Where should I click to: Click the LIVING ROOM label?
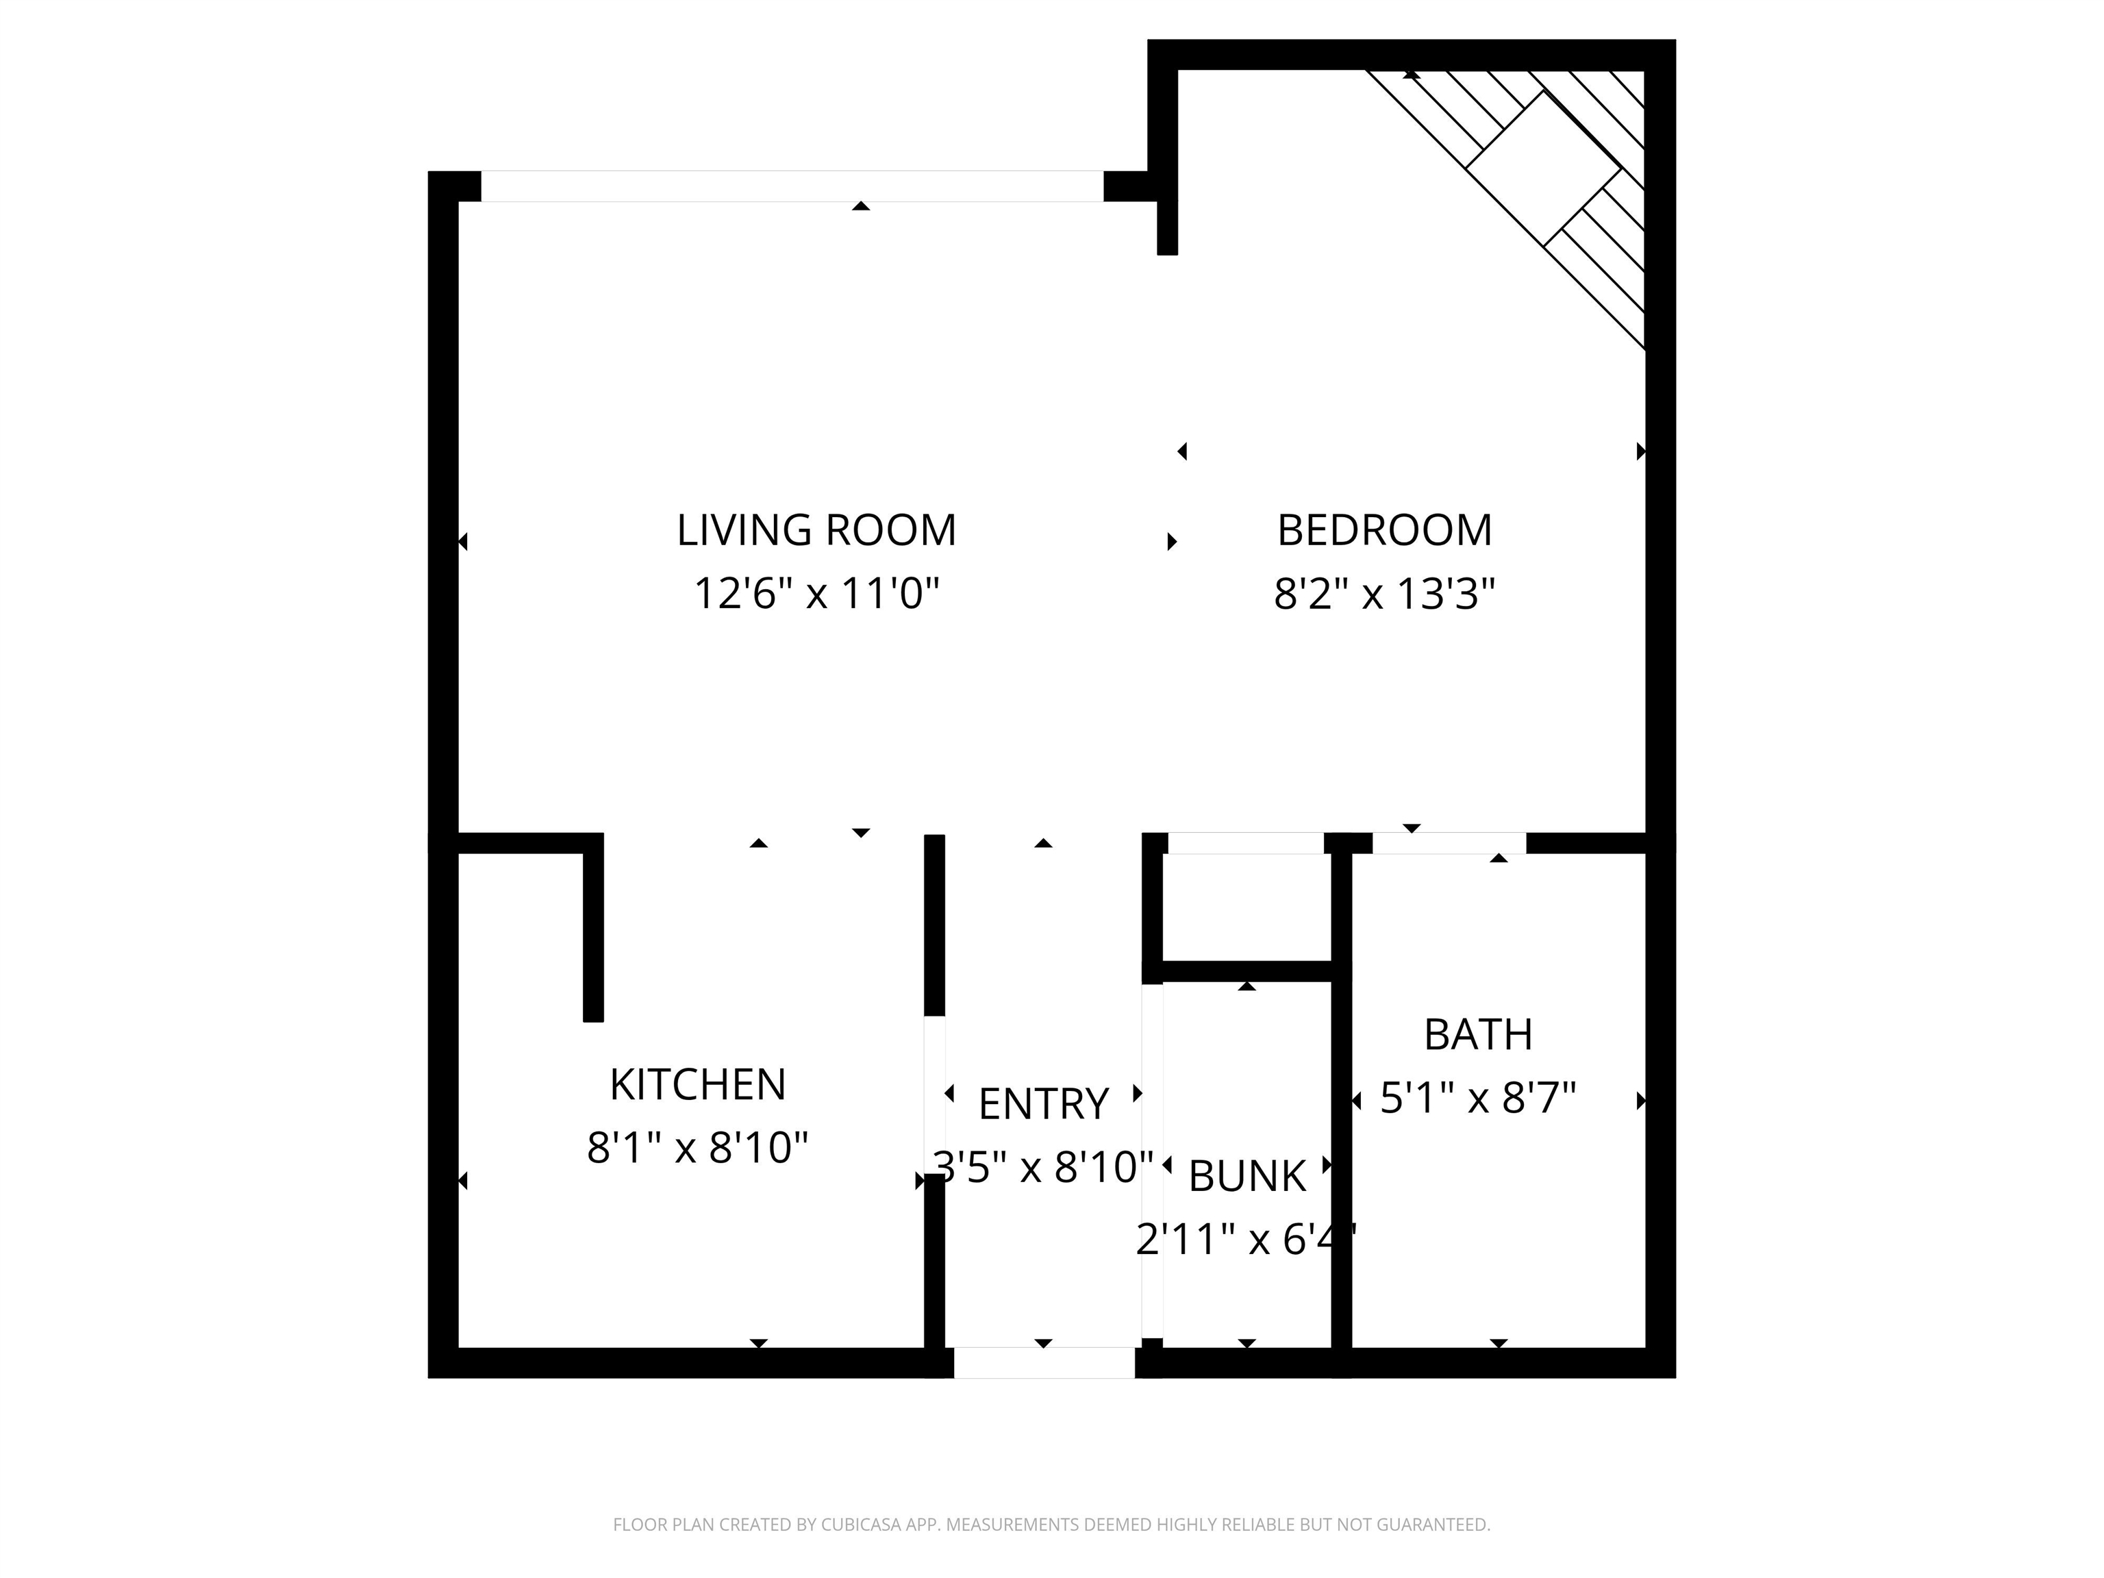click(x=816, y=531)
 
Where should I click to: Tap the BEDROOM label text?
click(x=1384, y=531)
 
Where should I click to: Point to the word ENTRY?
click(x=1044, y=1104)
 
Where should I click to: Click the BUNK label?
click(x=1247, y=1177)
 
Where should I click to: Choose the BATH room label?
click(x=1478, y=1035)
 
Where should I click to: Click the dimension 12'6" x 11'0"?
click(x=816, y=594)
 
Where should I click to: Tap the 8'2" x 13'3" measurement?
click(x=1384, y=594)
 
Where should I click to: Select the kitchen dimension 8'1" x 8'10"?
click(x=697, y=1148)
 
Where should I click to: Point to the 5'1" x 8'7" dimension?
click(x=1478, y=1098)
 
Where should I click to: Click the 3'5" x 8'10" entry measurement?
click(x=1044, y=1167)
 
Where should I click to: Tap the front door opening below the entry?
click(x=1044, y=1363)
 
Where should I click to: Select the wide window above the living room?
click(x=792, y=186)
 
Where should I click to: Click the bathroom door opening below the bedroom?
click(x=1450, y=842)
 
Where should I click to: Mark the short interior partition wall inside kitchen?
click(x=592, y=927)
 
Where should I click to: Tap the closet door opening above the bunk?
click(x=1246, y=842)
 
